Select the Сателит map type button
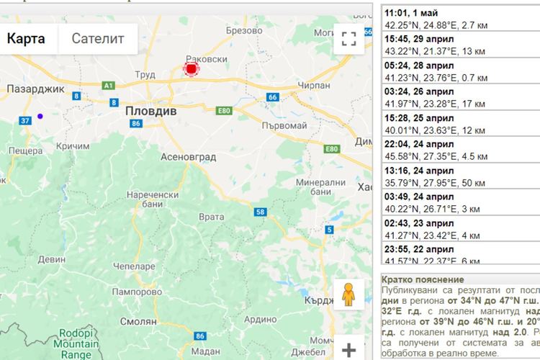click(98, 38)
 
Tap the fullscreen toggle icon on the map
click(349, 39)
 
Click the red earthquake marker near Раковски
click(192, 69)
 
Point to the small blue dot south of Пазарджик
click(40, 116)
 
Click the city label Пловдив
click(150, 112)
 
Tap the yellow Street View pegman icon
click(349, 294)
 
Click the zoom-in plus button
click(349, 351)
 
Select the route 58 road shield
click(259, 212)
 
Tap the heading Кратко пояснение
click(423, 279)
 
